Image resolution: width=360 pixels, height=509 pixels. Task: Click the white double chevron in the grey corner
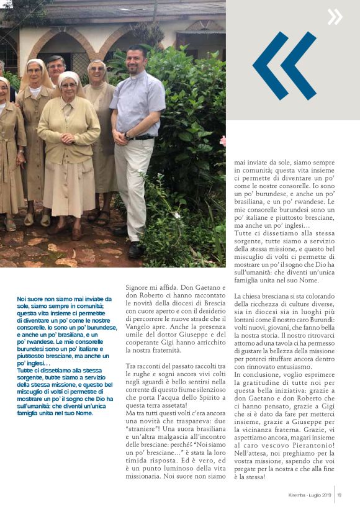[335, 17]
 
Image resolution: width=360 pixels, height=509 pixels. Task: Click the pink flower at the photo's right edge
[222, 141]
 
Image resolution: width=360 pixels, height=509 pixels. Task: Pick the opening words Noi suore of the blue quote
[30, 299]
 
